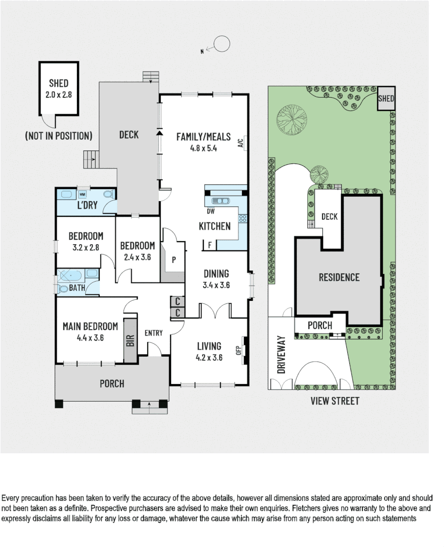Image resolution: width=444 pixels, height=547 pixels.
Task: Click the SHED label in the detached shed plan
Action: (59, 84)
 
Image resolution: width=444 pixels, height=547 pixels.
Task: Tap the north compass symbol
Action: (221, 45)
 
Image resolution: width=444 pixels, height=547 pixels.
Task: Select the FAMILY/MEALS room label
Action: (203, 137)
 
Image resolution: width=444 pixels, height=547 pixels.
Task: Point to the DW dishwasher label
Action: (211, 211)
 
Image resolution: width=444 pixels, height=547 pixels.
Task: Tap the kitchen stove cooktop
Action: (242, 219)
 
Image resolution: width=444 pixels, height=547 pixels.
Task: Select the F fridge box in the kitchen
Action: (209, 246)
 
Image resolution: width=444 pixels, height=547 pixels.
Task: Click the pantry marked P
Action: (174, 259)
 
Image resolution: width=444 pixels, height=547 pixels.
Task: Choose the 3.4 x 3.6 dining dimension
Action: (216, 285)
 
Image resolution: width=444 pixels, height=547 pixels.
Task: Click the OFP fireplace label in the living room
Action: (237, 349)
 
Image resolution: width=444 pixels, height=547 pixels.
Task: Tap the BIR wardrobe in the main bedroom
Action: (130, 340)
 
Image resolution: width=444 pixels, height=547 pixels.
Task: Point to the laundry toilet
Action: (107, 194)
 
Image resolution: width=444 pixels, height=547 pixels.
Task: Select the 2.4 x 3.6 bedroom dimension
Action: (137, 257)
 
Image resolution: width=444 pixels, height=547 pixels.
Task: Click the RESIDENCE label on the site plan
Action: (339, 277)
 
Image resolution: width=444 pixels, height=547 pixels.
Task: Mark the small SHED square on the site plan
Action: (386, 99)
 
